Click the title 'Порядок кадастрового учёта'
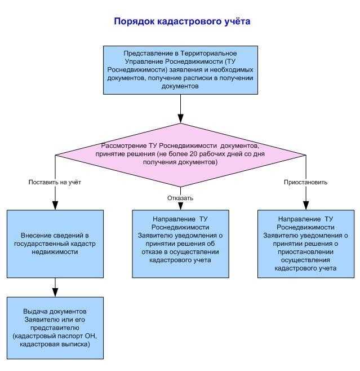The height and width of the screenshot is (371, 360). point(182,21)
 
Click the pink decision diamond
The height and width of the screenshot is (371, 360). point(181,155)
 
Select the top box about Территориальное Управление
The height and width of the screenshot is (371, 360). point(181,70)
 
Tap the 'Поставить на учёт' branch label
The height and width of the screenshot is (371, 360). point(55,182)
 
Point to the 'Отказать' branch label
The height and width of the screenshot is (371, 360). point(180,198)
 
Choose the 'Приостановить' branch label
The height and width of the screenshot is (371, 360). point(305,182)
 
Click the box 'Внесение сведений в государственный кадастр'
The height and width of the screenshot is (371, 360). point(55,244)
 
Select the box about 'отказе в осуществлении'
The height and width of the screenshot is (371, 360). point(181,244)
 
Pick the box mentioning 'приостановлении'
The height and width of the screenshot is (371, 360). point(306,244)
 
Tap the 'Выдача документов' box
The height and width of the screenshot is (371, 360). point(55,328)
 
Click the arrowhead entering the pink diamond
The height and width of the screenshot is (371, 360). point(181,119)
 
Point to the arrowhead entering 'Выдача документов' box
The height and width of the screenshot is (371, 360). point(55,293)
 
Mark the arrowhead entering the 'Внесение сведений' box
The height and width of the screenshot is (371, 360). point(55,205)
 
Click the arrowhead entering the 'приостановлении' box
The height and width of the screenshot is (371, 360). point(306,205)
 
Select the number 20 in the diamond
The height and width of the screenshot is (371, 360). point(194,154)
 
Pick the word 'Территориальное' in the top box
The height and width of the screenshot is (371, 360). point(208,54)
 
